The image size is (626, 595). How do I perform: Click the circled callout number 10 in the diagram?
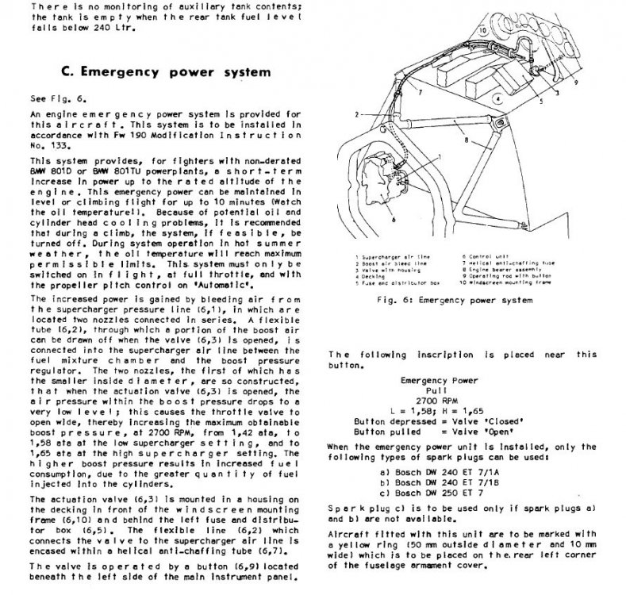click(483, 28)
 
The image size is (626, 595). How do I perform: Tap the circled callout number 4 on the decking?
click(495, 99)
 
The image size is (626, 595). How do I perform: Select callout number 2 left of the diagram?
click(359, 113)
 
